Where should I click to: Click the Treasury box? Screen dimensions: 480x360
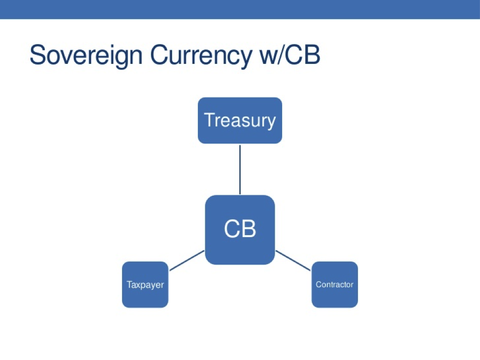click(x=240, y=120)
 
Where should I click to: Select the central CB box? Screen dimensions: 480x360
click(x=240, y=230)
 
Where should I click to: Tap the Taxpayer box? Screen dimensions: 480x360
click(x=145, y=284)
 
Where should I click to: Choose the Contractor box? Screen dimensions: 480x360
click(x=335, y=284)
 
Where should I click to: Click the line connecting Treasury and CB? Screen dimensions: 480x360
click(x=240, y=170)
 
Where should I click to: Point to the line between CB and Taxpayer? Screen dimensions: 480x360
click(x=187, y=261)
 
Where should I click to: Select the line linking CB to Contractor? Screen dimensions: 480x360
click(x=293, y=261)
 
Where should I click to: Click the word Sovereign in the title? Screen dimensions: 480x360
click(x=86, y=56)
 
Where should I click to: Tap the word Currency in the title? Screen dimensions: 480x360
click(x=201, y=56)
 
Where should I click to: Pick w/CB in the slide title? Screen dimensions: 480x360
click(x=289, y=55)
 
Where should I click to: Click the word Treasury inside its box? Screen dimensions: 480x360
click(x=240, y=121)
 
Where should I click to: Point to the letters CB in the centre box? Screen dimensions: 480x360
click(x=240, y=229)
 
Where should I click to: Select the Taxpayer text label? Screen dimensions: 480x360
click(x=145, y=285)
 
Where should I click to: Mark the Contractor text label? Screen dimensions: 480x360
click(x=335, y=284)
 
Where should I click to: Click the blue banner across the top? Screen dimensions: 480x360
click(x=240, y=9)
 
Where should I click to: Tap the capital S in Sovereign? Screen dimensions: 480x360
click(x=37, y=55)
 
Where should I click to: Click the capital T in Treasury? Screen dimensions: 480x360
click(x=210, y=120)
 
